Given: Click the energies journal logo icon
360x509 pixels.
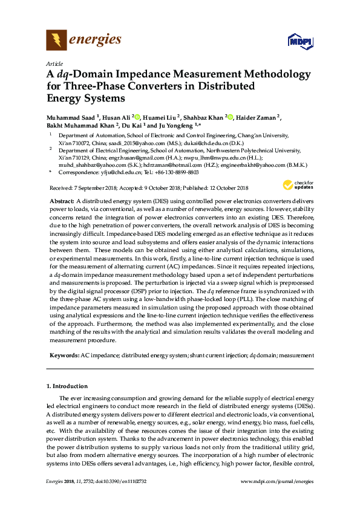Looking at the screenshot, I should (56, 41).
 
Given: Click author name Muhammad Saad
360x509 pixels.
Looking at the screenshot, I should (70, 117).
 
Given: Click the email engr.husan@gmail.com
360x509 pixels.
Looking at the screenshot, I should (133, 157).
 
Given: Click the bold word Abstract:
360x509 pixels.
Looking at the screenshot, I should (61, 200).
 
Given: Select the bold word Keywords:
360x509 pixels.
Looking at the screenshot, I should (63, 356).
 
